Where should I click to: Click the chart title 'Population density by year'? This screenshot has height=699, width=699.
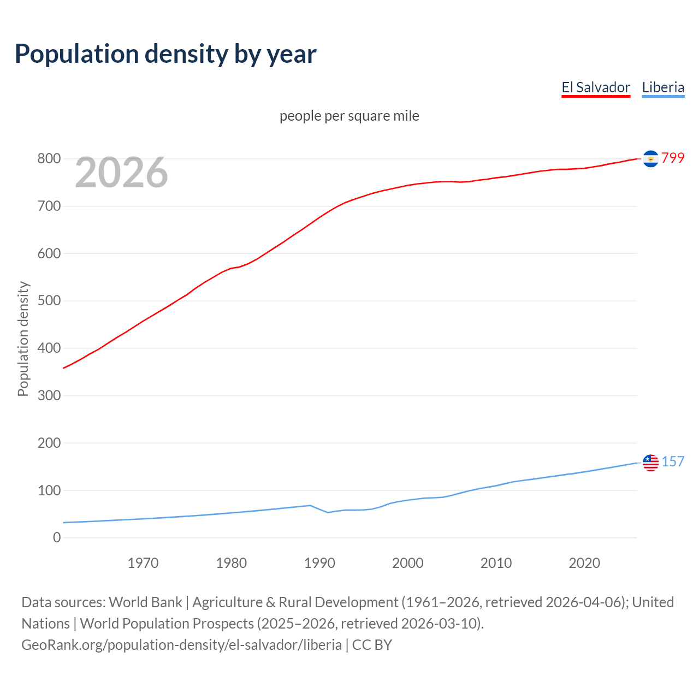tap(165, 54)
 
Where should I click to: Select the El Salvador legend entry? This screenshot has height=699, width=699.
tap(596, 87)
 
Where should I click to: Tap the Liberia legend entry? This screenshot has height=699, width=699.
tap(663, 87)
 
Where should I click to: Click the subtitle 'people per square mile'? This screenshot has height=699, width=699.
tap(349, 116)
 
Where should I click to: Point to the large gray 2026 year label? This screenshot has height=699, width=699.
tap(121, 173)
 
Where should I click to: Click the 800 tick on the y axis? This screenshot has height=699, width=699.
tap(49, 159)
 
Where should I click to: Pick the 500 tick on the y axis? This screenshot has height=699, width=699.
tap(49, 301)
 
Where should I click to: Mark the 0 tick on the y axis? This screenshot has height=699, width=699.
tap(57, 538)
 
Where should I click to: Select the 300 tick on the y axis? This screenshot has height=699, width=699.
tap(49, 395)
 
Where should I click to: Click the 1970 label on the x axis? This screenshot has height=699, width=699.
tap(143, 563)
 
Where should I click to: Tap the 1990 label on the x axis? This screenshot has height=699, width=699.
tap(319, 563)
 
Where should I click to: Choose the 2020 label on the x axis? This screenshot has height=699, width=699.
tap(584, 563)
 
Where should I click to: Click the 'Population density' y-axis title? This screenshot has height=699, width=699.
tap(23, 339)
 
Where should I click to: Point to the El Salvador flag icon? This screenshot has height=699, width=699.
tap(650, 158)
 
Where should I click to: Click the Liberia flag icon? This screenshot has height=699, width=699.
tap(650, 463)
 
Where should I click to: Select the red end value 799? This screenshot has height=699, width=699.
tap(673, 158)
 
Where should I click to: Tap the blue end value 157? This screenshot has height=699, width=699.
tap(673, 461)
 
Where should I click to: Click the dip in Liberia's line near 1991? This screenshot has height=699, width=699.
tap(328, 512)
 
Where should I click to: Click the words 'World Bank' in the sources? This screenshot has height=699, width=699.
tap(145, 602)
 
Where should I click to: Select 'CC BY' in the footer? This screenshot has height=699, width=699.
tap(372, 645)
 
